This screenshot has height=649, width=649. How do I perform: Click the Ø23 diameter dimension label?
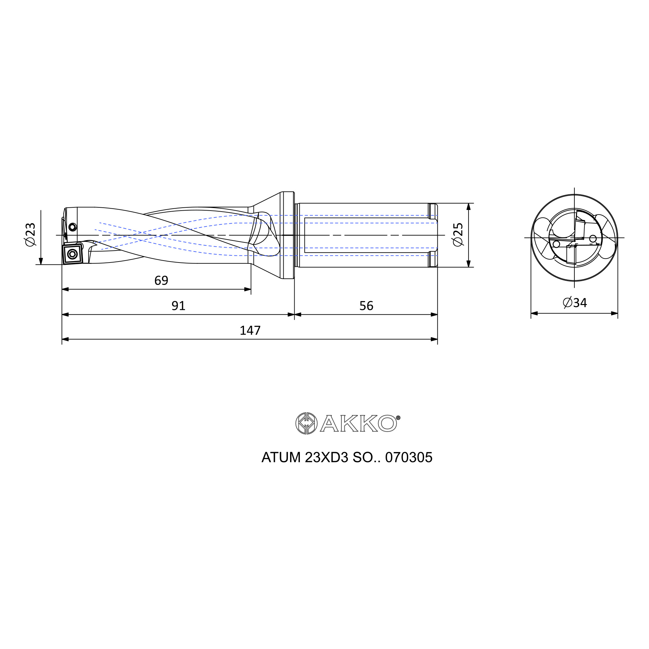coord(30,234)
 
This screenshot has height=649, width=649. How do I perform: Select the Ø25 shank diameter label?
coord(458,235)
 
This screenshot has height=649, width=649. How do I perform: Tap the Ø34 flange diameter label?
coord(575,303)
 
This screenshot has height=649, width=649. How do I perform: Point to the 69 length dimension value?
coord(161,280)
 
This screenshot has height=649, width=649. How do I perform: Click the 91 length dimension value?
coord(178,306)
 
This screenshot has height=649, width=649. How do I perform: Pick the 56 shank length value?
coord(366,306)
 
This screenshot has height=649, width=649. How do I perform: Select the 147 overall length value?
coord(250,331)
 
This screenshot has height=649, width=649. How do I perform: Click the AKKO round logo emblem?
coord(306,423)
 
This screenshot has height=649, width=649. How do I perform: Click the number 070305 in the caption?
coord(409,458)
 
